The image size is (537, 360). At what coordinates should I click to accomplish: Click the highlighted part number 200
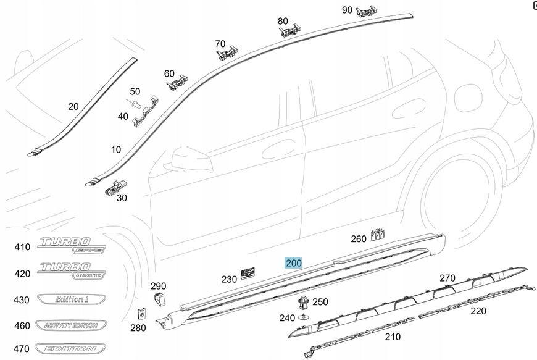293,262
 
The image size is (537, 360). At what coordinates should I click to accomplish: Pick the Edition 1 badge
70,299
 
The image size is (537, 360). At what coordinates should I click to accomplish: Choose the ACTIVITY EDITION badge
70,325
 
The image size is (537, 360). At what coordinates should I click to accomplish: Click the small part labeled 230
249,273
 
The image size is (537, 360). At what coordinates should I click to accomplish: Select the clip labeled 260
378,234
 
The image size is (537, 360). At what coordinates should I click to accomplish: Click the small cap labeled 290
159,299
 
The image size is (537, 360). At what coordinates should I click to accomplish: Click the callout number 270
447,278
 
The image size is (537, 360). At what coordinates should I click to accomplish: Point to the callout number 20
73,106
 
